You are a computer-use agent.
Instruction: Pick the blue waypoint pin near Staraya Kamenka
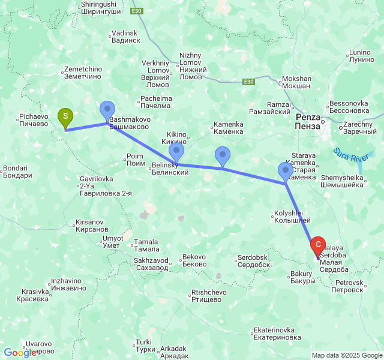tap(286, 171)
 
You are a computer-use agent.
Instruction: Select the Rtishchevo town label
tap(208, 296)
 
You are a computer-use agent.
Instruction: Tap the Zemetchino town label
tap(83, 73)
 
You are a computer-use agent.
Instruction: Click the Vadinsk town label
tap(125, 37)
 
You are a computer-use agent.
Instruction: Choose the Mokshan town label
tap(296, 82)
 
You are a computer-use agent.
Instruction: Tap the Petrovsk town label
tap(349, 286)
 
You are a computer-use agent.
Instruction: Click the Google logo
tap(20, 353)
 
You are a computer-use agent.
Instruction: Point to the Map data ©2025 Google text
tap(346, 355)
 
